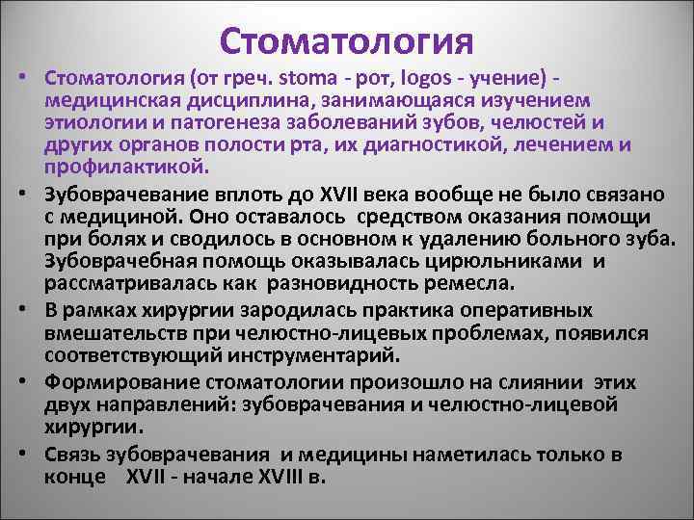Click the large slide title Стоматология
(x=347, y=40)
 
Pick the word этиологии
(x=90, y=122)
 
